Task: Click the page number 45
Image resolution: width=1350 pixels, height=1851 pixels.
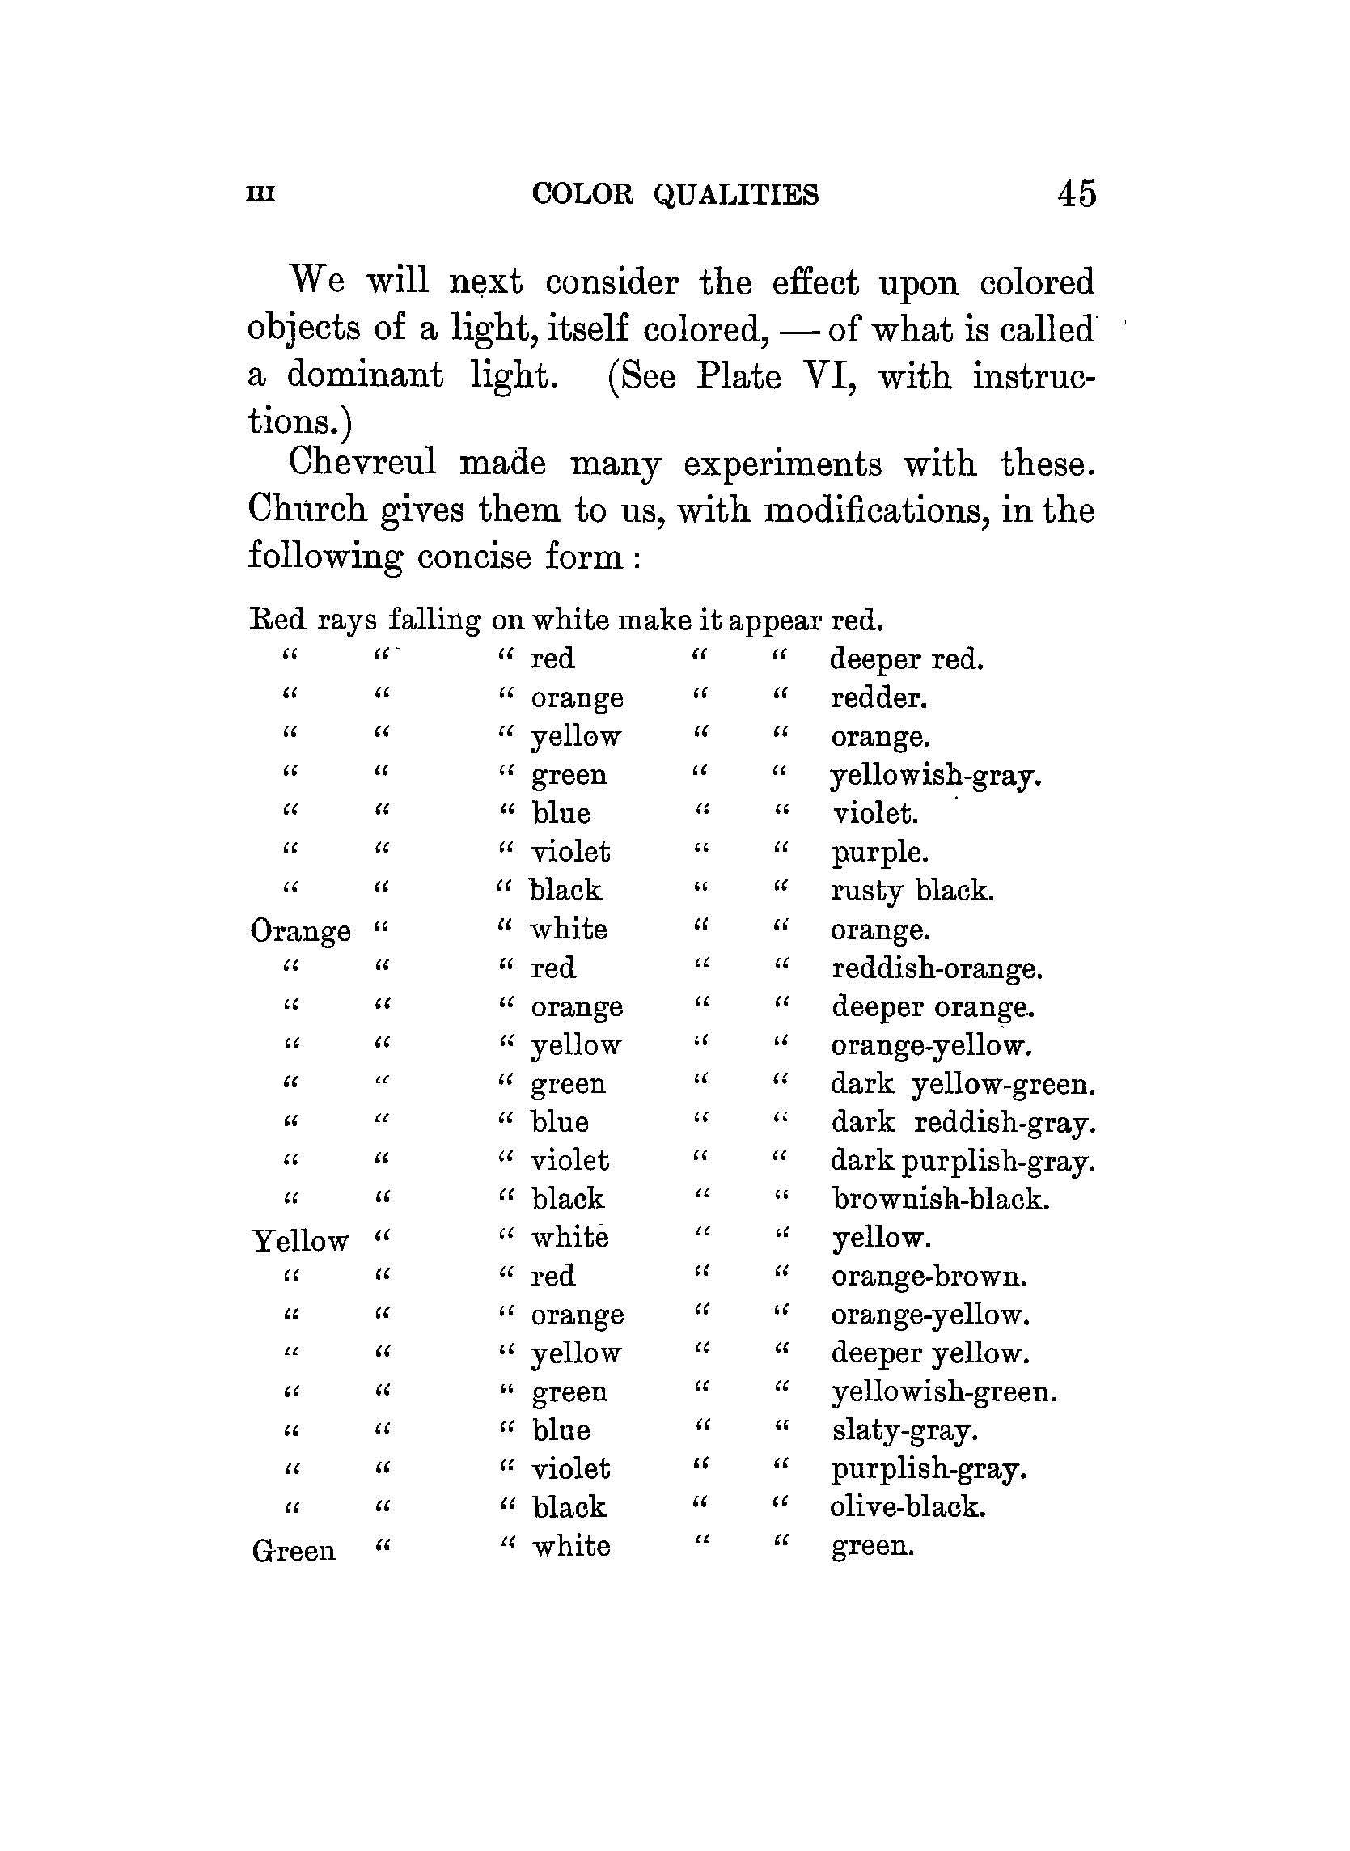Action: coord(1077,194)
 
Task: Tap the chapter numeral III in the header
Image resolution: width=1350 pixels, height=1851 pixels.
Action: coord(260,194)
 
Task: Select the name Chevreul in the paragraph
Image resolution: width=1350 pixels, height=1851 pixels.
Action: coord(362,463)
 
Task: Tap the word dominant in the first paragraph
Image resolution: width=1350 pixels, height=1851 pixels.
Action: coord(365,375)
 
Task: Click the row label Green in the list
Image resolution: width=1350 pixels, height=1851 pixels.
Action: coord(294,1550)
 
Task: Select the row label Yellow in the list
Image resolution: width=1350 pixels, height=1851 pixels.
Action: coord(300,1240)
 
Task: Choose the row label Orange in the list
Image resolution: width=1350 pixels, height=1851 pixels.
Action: coord(300,931)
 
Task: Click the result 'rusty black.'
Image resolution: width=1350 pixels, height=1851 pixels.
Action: coord(912,891)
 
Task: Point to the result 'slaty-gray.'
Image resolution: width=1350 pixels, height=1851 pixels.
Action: coord(904,1430)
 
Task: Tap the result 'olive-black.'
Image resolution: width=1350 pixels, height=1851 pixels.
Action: coord(908,1506)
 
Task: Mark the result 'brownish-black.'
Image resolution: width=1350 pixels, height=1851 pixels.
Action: coord(941,1199)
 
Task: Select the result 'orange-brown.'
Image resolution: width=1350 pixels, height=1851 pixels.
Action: coord(929,1276)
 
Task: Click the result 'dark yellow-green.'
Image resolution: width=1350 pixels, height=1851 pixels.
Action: coord(963,1084)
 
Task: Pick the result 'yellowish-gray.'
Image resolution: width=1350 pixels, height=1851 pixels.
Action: coord(936,775)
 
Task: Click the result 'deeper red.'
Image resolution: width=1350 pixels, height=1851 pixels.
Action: coord(906,659)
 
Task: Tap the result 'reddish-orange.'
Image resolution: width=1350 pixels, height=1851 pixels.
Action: coord(937,968)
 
